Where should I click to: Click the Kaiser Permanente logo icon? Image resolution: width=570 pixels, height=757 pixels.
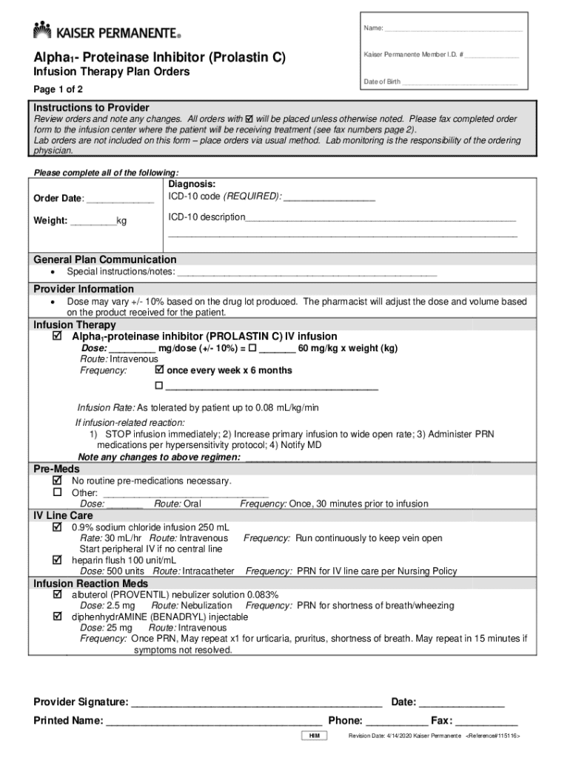[41, 30]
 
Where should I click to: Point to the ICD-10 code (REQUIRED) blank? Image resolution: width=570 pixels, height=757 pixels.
[329, 197]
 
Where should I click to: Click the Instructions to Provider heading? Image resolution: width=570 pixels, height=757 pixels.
[91, 108]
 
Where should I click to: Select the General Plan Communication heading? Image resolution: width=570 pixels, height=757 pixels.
[105, 259]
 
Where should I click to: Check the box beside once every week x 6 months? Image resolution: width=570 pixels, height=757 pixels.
[158, 370]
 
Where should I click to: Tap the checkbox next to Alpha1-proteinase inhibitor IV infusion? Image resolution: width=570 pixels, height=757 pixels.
[57, 336]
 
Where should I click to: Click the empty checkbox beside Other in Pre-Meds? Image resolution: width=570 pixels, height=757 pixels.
[57, 492]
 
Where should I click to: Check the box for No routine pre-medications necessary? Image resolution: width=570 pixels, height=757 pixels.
[57, 481]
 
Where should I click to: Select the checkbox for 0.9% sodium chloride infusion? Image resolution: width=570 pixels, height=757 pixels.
[57, 528]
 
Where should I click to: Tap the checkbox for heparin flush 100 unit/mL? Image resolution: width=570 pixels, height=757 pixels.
[57, 560]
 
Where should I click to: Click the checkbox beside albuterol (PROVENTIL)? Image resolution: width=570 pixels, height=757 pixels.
[57, 594]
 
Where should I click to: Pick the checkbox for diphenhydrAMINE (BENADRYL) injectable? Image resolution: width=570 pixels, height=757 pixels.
[57, 616]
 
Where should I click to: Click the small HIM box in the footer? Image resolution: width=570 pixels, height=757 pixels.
[314, 736]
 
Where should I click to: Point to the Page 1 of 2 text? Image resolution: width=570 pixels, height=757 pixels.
[59, 89]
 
